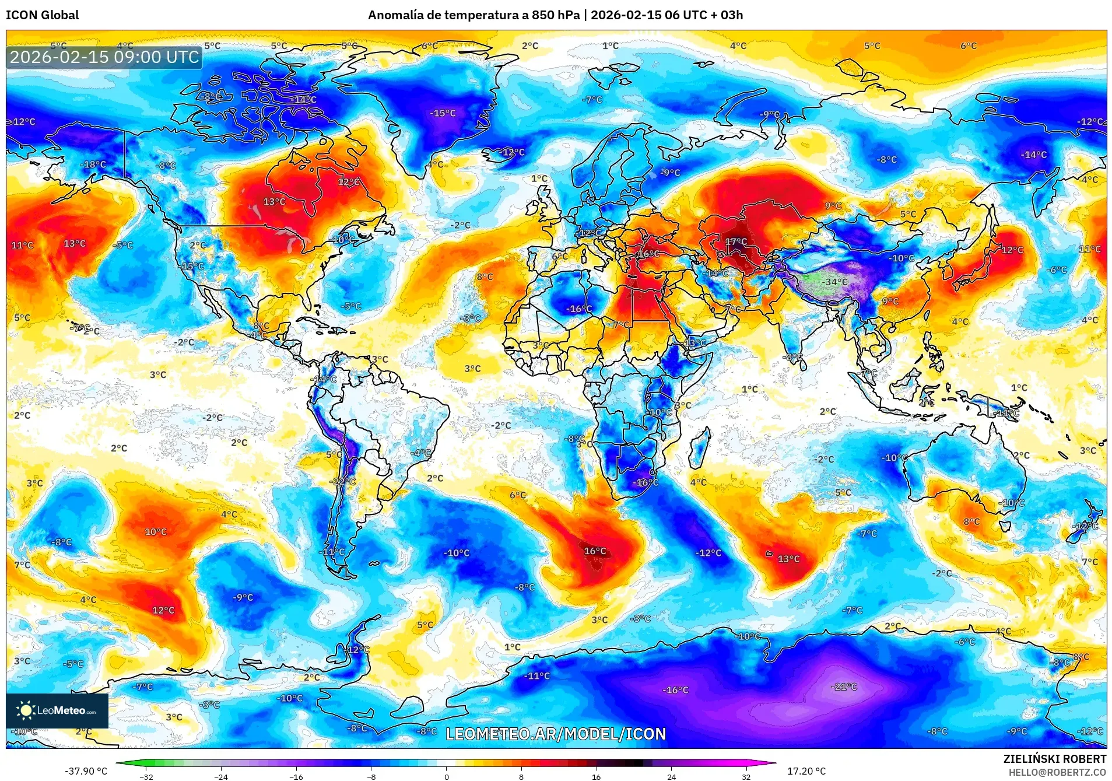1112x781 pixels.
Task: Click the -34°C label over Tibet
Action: [834, 282]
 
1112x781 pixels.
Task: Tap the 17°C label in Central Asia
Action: [735, 241]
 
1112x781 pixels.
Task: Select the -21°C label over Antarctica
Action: [844, 687]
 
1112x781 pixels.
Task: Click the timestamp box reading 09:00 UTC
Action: [104, 57]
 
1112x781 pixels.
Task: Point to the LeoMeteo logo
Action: [57, 710]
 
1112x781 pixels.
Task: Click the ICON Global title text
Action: [42, 15]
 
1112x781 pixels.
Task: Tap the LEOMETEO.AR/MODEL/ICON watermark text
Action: [556, 734]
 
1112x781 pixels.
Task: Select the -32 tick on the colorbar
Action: [146, 776]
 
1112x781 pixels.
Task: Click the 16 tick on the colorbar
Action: [596, 776]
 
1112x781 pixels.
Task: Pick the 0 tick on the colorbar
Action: [447, 776]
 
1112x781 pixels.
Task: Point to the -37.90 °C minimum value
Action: [86, 771]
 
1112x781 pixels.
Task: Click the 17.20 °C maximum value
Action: [806, 771]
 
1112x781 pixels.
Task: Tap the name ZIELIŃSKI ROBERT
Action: [1054, 759]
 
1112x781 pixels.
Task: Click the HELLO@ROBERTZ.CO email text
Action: [1057, 772]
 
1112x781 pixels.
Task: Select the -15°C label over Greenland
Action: [443, 113]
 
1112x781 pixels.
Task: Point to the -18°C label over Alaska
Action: [93, 164]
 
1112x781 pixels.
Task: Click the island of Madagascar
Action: [700, 447]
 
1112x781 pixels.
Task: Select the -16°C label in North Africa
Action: [578, 309]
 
